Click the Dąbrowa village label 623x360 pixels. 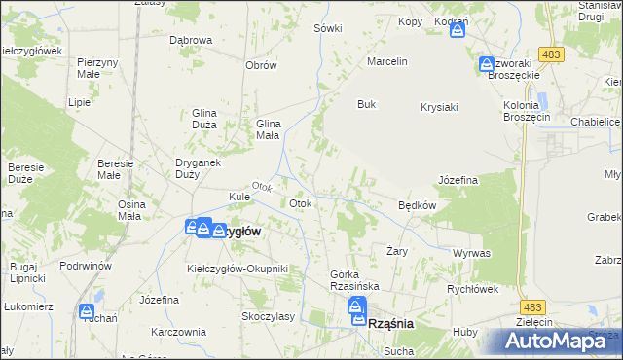tap(191, 40)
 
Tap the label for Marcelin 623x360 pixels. tap(386, 61)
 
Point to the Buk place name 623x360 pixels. tap(366, 104)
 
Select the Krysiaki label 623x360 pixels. tap(439, 107)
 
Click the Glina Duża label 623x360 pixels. tap(210, 119)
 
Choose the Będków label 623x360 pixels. tap(417, 206)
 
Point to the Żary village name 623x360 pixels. tap(396, 250)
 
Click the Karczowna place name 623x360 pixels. tap(176, 331)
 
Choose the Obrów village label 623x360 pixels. tap(262, 65)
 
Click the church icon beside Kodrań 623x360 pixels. tap(458, 31)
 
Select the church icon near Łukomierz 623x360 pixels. tap(87, 313)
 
